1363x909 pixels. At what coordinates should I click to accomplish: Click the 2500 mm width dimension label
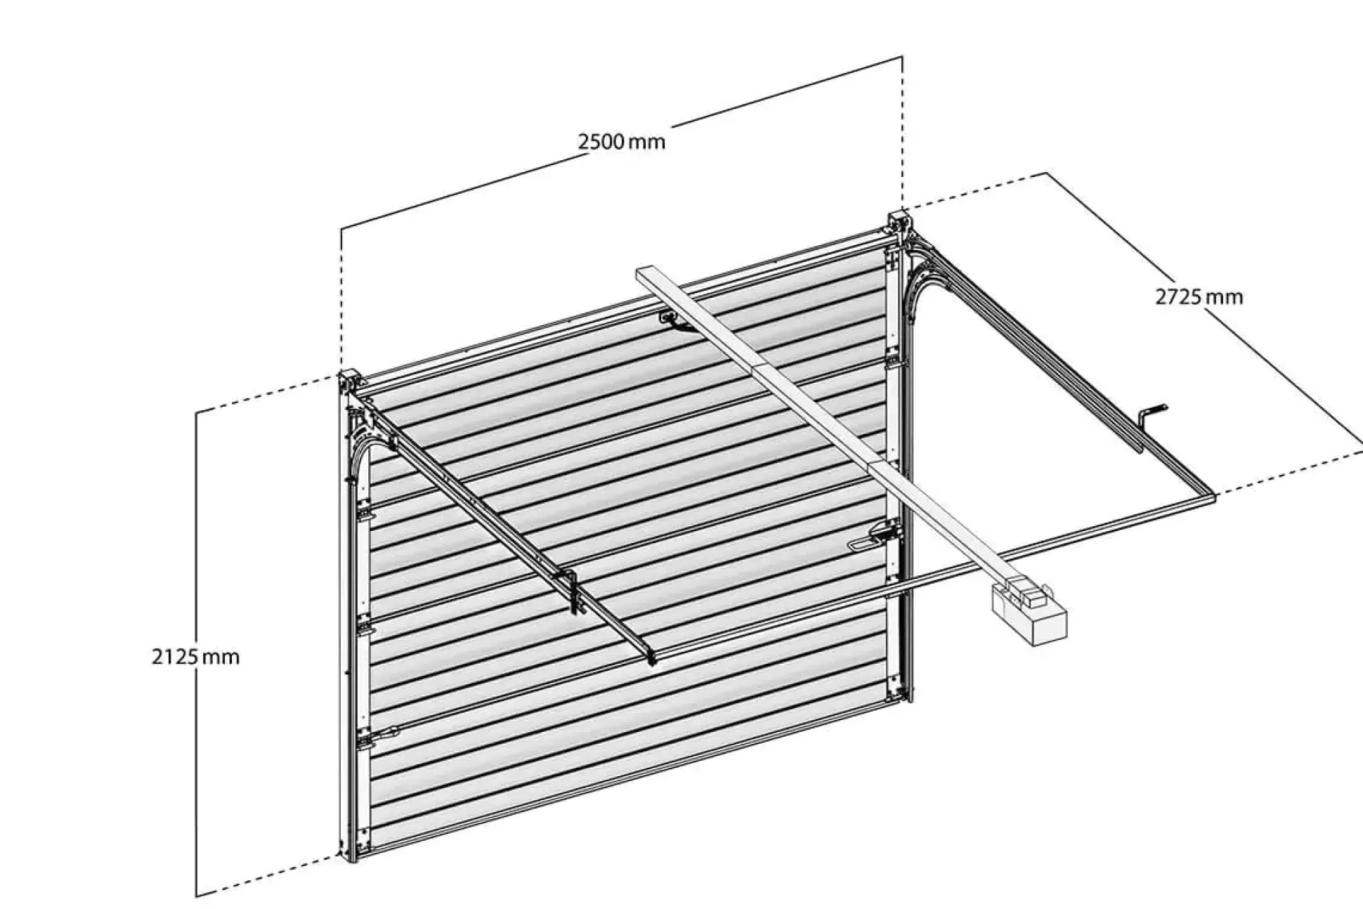point(622,142)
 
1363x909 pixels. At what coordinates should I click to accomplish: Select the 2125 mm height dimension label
point(195,658)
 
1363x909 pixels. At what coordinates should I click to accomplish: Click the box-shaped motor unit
point(1029,615)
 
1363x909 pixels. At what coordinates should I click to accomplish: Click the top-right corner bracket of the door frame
point(899,223)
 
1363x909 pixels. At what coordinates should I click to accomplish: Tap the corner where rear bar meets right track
point(1210,497)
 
